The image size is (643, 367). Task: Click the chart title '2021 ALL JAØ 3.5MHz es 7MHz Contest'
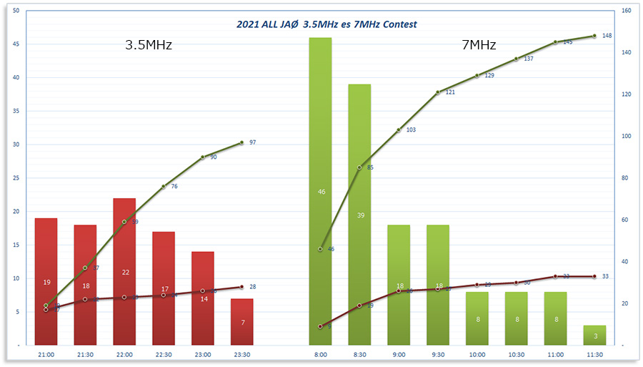click(x=327, y=24)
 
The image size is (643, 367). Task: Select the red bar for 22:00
click(x=124, y=272)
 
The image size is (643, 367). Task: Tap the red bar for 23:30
click(x=242, y=322)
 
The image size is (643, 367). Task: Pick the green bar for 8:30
click(x=359, y=215)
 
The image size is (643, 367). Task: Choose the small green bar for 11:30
click(x=594, y=336)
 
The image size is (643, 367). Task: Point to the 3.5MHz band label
click(x=149, y=45)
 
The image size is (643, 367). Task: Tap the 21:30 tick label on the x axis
click(x=85, y=355)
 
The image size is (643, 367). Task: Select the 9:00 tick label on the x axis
click(x=399, y=355)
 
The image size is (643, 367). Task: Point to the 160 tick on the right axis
click(x=626, y=11)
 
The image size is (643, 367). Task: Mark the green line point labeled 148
click(x=594, y=36)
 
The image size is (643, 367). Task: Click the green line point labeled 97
click(x=242, y=142)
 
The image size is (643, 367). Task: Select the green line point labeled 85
click(x=359, y=167)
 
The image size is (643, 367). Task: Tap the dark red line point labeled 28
click(x=242, y=287)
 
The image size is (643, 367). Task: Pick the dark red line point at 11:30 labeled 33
click(x=594, y=276)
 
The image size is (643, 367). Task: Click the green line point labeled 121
click(x=438, y=92)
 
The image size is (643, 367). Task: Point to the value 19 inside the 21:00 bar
click(x=46, y=282)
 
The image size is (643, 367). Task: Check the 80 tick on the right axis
click(x=626, y=178)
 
